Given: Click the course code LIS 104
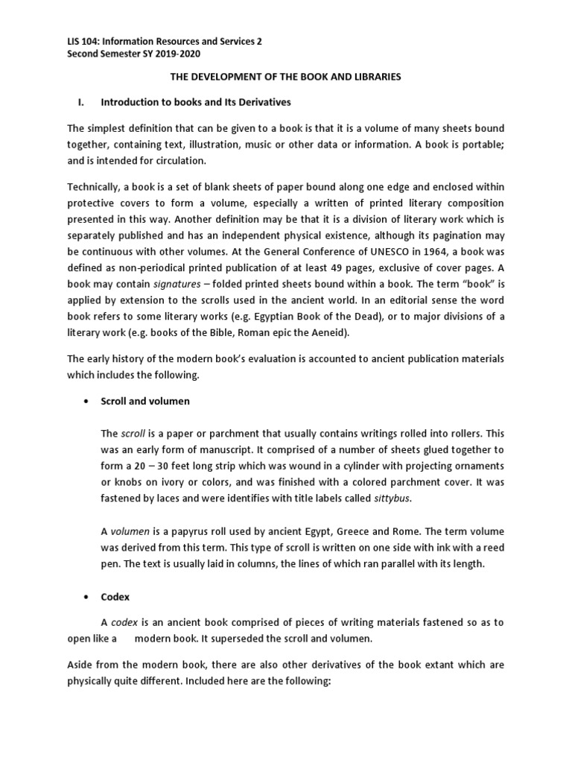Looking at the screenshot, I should pyautogui.click(x=65, y=42).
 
